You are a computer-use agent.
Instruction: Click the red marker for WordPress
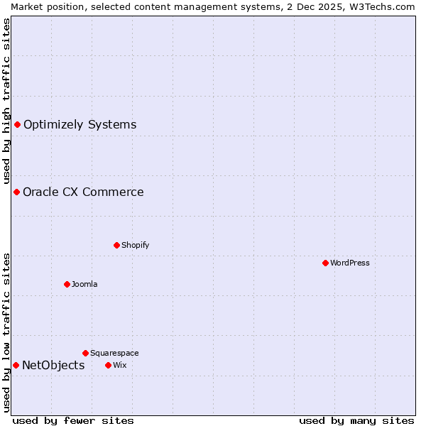(x=325, y=263)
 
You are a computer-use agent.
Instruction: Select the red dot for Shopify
(x=116, y=245)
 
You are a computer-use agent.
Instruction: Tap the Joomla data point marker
(x=67, y=284)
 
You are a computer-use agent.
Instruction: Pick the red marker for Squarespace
(x=85, y=353)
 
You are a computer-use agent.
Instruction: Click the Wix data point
(x=108, y=365)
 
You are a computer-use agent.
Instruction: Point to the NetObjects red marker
(x=16, y=365)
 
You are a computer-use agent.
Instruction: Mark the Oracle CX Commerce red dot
(x=16, y=192)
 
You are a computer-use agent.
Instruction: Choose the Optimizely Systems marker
(x=17, y=125)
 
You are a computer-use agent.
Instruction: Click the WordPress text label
(x=350, y=263)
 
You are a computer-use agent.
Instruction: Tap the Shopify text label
(x=135, y=245)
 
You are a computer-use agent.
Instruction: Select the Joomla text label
(x=84, y=284)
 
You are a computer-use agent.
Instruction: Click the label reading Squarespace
(x=114, y=353)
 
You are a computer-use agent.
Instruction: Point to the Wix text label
(x=119, y=365)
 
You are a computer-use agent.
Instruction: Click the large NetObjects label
(x=53, y=365)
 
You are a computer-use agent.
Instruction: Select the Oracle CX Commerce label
(x=83, y=192)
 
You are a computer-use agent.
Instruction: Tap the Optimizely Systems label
(x=80, y=125)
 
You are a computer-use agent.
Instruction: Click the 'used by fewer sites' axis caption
(x=73, y=420)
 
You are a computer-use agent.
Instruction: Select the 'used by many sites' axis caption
(x=356, y=420)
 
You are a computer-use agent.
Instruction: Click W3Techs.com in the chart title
(x=386, y=6)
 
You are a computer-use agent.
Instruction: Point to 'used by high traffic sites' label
(x=6, y=101)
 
